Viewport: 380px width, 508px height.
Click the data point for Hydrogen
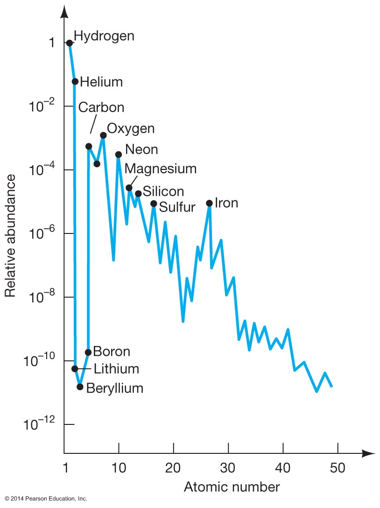[x=70, y=43]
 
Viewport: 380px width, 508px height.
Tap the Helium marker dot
[x=75, y=82]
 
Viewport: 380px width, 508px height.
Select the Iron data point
[x=210, y=203]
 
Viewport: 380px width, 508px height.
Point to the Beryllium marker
[x=80, y=387]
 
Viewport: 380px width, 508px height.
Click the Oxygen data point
[x=103, y=135]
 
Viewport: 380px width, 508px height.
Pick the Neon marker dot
[x=119, y=155]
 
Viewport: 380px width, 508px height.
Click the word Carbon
[x=101, y=107]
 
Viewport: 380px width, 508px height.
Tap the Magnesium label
[x=161, y=168]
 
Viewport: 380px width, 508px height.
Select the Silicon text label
[x=163, y=191]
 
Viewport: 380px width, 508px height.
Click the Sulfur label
[x=177, y=207]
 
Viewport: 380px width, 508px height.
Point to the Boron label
[x=112, y=351]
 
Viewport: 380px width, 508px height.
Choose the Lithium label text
[x=116, y=369]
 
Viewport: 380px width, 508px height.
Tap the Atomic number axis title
[x=232, y=487]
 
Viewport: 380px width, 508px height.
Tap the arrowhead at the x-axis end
[x=369, y=453]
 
